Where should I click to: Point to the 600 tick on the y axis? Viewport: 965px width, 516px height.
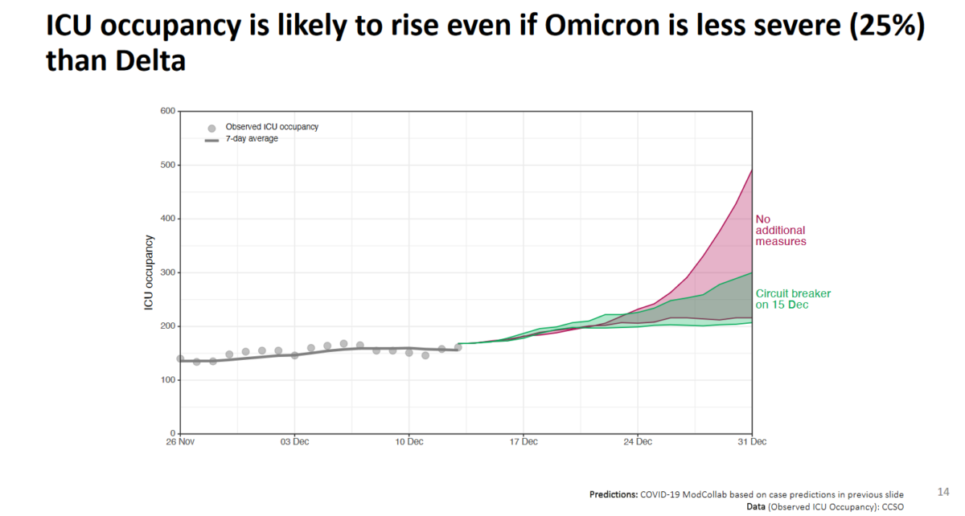(168, 111)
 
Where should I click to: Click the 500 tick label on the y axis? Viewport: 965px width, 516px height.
(168, 165)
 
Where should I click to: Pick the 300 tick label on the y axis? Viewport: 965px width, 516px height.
(168, 272)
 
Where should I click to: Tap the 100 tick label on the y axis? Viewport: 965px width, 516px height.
(168, 380)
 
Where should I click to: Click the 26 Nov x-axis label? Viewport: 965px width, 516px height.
(180, 441)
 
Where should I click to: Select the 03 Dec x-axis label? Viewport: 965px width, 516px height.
(294, 441)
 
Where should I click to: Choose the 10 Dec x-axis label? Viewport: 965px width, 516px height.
(409, 441)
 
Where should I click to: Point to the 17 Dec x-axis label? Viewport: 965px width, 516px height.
(523, 441)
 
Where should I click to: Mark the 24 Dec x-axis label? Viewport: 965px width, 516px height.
(638, 441)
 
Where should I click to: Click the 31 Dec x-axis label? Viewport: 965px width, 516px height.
(751, 441)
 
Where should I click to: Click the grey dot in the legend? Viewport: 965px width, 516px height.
(211, 128)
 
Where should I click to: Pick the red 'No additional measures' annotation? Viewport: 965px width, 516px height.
(780, 230)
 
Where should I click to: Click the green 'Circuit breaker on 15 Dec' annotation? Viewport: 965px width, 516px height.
(793, 299)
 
